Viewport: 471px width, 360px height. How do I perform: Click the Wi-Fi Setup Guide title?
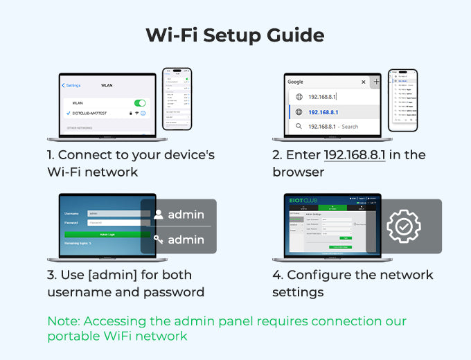click(235, 35)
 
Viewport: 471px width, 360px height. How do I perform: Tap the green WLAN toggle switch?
click(139, 103)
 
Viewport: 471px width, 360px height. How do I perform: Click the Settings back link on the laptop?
click(71, 86)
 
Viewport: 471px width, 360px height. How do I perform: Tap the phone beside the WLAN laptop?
click(177, 98)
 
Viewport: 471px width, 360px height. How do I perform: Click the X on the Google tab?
click(363, 82)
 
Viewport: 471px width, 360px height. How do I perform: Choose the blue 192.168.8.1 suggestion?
click(322, 112)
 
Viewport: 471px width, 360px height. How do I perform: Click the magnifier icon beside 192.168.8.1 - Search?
click(299, 127)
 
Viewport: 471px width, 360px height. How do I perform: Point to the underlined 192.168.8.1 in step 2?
click(354, 155)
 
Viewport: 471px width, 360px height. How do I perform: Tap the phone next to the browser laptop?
click(402, 100)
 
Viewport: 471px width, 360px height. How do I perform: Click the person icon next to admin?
click(158, 215)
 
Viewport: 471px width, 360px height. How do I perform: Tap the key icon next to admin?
click(158, 240)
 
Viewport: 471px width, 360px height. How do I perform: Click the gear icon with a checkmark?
click(403, 226)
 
